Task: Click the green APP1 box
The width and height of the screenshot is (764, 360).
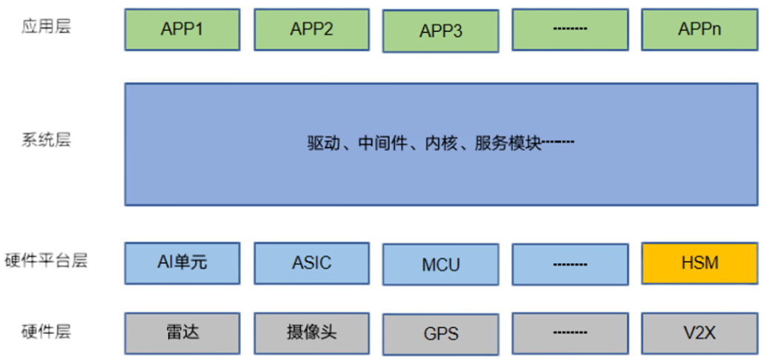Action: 182,29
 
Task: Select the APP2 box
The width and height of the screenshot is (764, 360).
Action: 311,29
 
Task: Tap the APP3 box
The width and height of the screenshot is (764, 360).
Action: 441,31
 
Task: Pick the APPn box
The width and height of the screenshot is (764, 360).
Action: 699,29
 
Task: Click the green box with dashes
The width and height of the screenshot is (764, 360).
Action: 570,29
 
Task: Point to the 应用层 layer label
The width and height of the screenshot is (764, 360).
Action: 47,27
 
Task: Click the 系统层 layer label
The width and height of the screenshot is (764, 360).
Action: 47,140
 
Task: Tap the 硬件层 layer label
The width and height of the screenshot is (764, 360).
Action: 47,331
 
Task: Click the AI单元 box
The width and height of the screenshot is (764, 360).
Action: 182,262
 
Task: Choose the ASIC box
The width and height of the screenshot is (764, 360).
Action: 311,262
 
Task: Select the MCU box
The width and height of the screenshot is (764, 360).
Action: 441,264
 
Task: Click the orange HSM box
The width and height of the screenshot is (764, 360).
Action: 699,262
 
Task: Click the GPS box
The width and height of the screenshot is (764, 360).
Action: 441,334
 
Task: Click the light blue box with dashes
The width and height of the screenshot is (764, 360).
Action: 570,264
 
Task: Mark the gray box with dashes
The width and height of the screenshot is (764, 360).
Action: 570,333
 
